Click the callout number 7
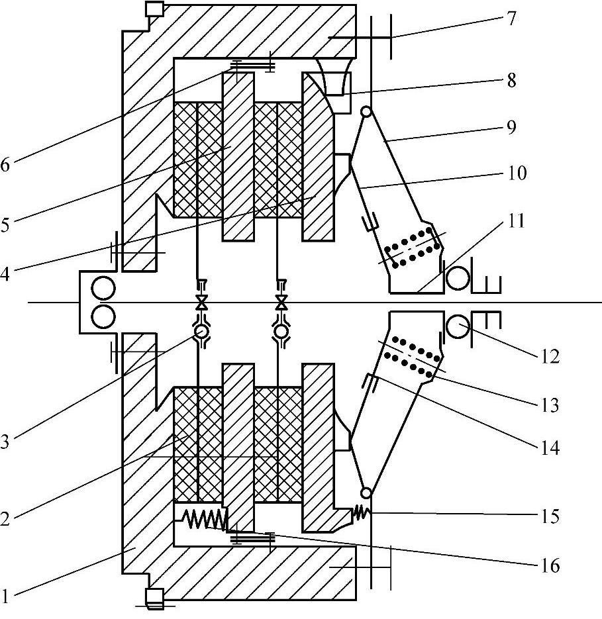pyautogui.click(x=511, y=18)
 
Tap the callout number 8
pyautogui.click(x=511, y=81)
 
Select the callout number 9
pyautogui.click(x=511, y=127)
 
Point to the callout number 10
pyautogui.click(x=517, y=173)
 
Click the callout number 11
pyautogui.click(x=515, y=221)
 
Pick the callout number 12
pyautogui.click(x=550, y=356)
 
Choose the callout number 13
pyautogui.click(x=550, y=405)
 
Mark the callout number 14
pyautogui.click(x=550, y=448)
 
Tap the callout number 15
pyautogui.click(x=550, y=516)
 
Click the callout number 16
pyautogui.click(x=550, y=565)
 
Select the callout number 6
pyautogui.click(x=5, y=165)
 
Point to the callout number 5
pyautogui.click(x=5, y=225)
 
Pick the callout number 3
pyautogui.click(x=5, y=442)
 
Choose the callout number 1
pyautogui.click(x=5, y=595)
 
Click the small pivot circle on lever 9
pyautogui.click(x=367, y=112)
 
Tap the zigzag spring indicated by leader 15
pyautogui.click(x=361, y=512)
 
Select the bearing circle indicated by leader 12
pyautogui.click(x=458, y=326)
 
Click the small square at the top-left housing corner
pyautogui.click(x=154, y=9)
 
